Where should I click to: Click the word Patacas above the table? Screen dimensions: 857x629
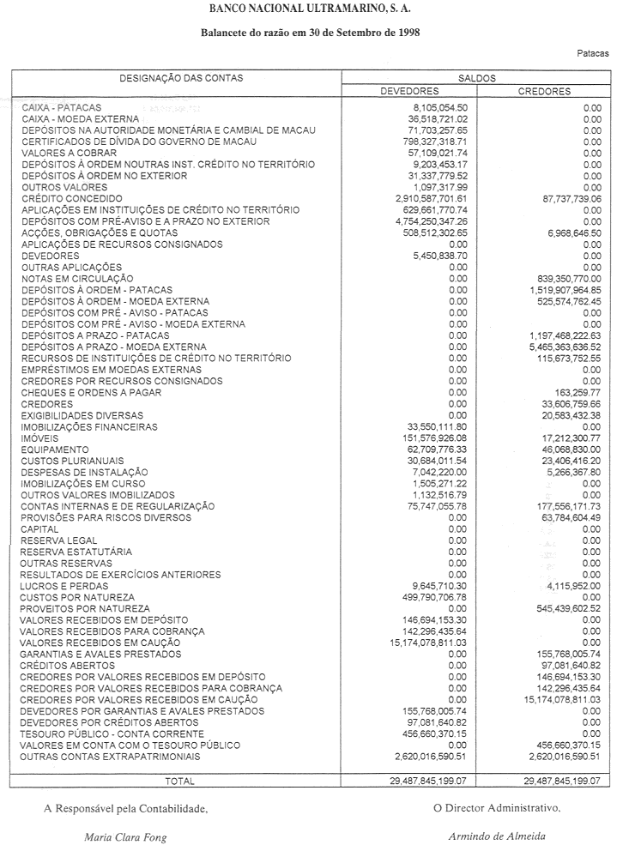(x=593, y=53)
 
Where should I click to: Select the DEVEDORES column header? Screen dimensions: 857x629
(x=410, y=91)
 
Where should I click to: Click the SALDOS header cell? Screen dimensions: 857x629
(x=477, y=78)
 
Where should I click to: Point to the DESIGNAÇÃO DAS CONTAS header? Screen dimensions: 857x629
(x=181, y=78)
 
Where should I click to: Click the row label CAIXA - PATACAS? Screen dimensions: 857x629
(x=62, y=107)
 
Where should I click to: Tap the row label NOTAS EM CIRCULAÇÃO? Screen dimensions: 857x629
(x=77, y=279)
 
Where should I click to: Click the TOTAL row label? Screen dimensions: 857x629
(x=179, y=781)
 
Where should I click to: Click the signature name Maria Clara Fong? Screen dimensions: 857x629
(x=125, y=837)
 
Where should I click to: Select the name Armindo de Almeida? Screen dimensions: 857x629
(x=496, y=836)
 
